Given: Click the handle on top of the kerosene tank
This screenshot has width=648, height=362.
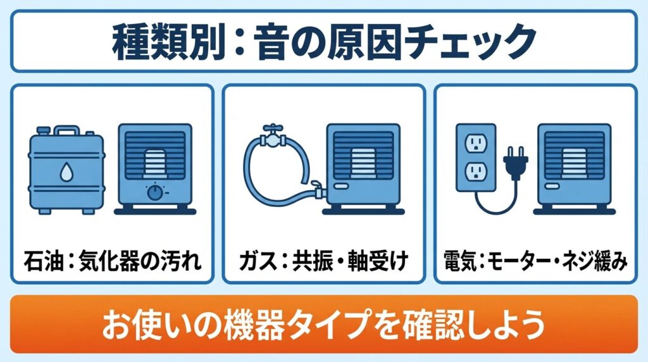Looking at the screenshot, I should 66,132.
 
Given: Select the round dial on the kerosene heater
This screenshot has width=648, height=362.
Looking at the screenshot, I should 154,192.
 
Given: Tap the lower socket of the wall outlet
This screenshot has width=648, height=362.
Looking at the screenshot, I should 475,170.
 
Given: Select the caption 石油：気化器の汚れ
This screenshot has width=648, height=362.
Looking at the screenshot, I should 113,260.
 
